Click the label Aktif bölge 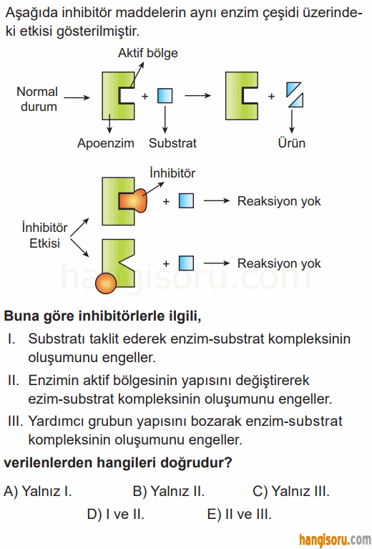tap(147, 53)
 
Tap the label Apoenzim tap(106, 143)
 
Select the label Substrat tap(172, 143)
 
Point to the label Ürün tap(291, 143)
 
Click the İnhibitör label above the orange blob tap(172, 173)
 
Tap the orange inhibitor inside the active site tap(132, 201)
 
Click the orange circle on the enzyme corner tap(105, 283)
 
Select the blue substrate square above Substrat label tap(165, 96)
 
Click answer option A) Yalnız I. tap(38, 491)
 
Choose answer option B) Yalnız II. tap(169, 491)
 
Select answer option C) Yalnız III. tap(291, 491)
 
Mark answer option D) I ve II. tap(115, 515)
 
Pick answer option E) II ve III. tap(240, 515)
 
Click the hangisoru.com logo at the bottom tap(335, 540)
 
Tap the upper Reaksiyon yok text tap(279, 201)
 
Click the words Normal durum tap(38, 99)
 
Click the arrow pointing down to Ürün tap(291, 121)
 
